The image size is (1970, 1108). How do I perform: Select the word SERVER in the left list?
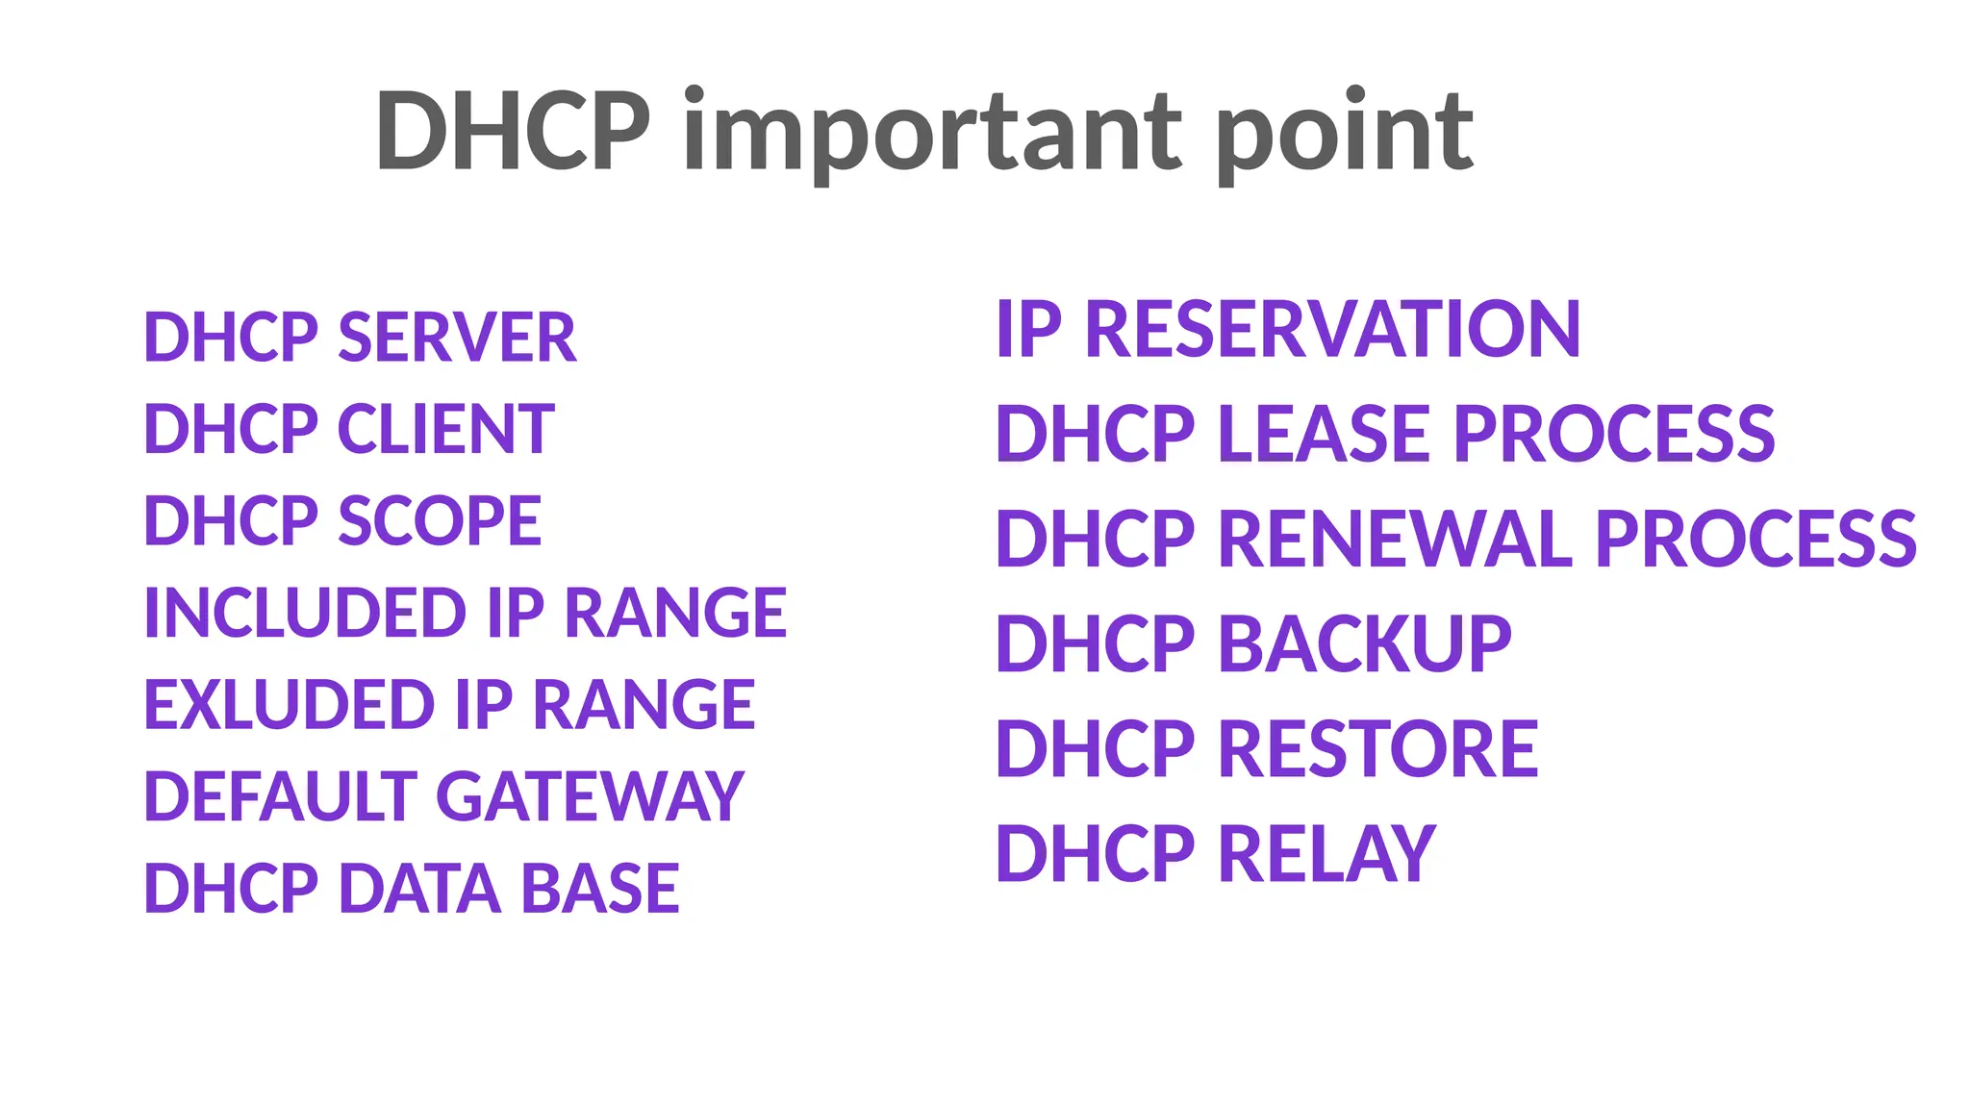[x=457, y=338]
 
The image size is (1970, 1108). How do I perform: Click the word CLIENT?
[x=445, y=429]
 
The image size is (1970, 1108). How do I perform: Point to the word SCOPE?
[x=440, y=521]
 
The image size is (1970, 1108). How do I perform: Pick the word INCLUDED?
[x=305, y=613]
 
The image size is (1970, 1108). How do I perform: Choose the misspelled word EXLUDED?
[x=289, y=704]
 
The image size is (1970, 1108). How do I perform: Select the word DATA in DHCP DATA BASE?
[x=419, y=888]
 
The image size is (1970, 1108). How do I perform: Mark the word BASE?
[x=600, y=888]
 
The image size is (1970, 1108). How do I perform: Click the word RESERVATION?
[x=1332, y=329]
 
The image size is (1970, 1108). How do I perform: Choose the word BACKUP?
[x=1365, y=643]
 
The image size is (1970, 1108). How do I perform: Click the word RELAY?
[x=1327, y=853]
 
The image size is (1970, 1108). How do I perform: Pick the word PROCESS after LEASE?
[x=1613, y=434]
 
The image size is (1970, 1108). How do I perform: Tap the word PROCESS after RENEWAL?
[x=1755, y=539]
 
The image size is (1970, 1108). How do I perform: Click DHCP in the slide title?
[x=513, y=132]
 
